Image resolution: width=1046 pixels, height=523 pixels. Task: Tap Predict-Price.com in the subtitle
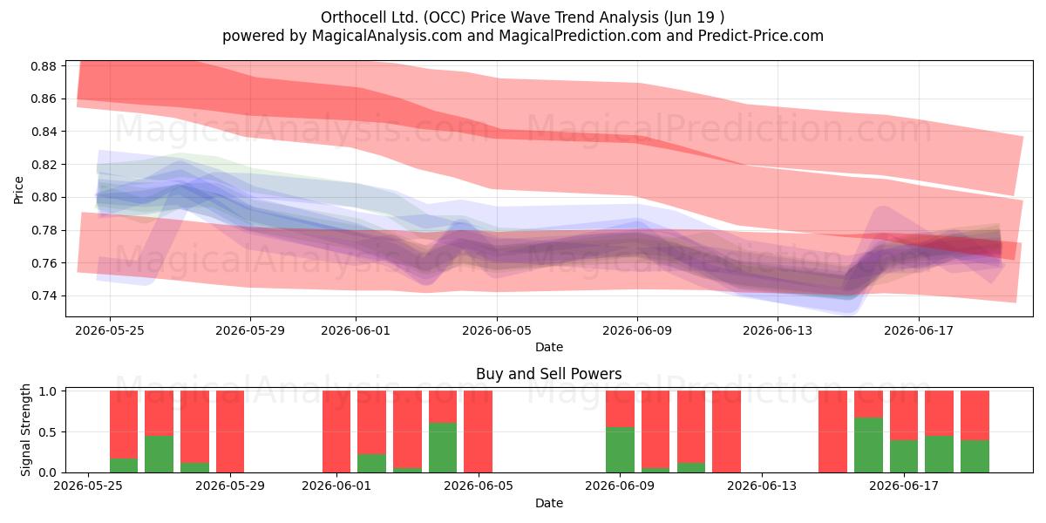(x=761, y=36)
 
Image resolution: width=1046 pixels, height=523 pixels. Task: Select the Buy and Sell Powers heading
(x=548, y=374)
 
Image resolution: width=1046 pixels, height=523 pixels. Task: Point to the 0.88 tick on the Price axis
(x=44, y=66)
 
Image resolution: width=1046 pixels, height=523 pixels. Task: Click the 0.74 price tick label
(x=44, y=296)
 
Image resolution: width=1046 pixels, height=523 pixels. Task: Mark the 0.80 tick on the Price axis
(x=44, y=198)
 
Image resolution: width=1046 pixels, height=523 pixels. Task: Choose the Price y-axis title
(x=18, y=190)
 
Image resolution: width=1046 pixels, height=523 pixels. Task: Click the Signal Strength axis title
(x=25, y=430)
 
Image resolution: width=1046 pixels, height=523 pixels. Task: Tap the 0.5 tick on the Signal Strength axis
(x=48, y=432)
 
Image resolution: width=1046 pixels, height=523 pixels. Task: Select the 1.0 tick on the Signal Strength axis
(x=48, y=391)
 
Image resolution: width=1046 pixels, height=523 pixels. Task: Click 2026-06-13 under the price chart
(x=778, y=330)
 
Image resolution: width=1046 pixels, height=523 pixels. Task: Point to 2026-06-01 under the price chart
(x=356, y=330)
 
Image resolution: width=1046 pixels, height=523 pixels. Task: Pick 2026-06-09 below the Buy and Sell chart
(x=620, y=486)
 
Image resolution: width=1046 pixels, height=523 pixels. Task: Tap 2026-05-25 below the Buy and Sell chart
(x=88, y=486)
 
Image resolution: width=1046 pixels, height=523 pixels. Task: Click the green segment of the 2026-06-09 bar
(x=620, y=450)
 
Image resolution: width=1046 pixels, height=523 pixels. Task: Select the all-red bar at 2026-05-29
(x=230, y=431)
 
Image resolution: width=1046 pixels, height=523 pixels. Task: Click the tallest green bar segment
(x=868, y=445)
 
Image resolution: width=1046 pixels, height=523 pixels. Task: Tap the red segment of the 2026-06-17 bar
(x=904, y=415)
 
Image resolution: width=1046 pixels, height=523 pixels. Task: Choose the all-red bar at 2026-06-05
(x=479, y=431)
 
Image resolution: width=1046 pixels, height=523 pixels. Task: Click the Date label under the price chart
(x=549, y=347)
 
